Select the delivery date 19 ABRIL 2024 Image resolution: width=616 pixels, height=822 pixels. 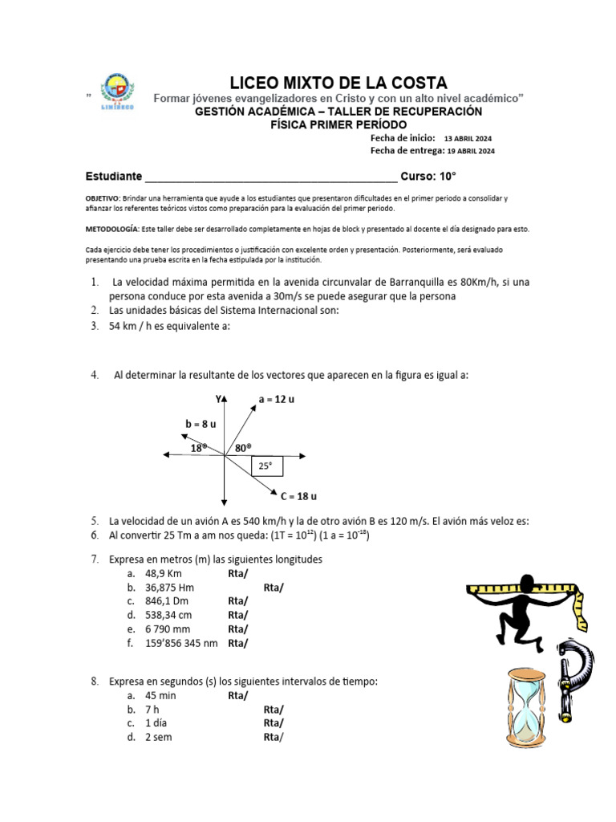coord(471,150)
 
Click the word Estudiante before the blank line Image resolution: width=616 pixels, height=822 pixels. coord(114,177)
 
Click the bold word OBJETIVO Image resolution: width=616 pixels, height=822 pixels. coord(102,197)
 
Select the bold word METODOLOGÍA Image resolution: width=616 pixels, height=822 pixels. coord(111,229)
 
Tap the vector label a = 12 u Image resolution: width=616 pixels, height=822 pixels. coord(277,399)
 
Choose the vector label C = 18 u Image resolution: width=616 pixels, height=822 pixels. coord(299,495)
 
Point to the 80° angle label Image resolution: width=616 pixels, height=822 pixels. coord(243,448)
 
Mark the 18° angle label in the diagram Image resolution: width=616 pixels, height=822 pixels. coord(199,448)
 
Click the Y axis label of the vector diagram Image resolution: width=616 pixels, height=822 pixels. coord(217,399)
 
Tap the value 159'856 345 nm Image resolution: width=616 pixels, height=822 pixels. coord(181,642)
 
